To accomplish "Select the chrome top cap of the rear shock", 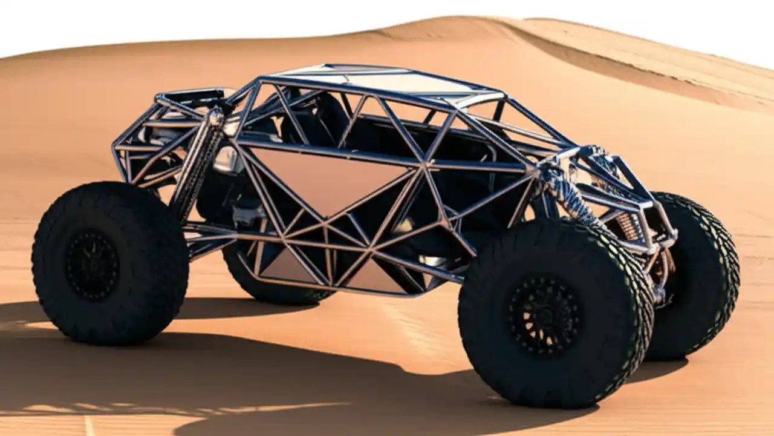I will pyautogui.click(x=215, y=115).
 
